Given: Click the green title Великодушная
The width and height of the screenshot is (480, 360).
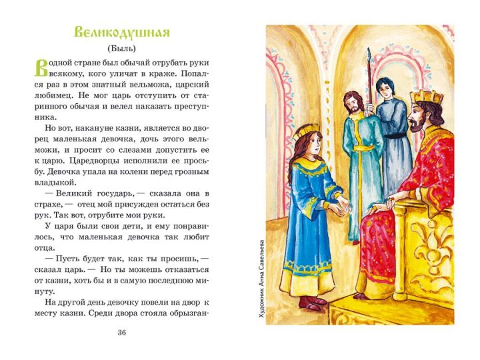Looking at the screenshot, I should pyautogui.click(x=122, y=33).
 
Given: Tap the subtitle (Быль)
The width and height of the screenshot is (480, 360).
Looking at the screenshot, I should pyautogui.click(x=122, y=49).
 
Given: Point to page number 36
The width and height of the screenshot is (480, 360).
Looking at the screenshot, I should pyautogui.click(x=121, y=333).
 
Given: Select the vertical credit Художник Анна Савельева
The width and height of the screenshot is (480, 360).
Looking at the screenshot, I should pyautogui.click(x=261, y=281).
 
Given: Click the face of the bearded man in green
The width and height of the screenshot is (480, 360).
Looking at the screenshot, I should pyautogui.click(x=352, y=103).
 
